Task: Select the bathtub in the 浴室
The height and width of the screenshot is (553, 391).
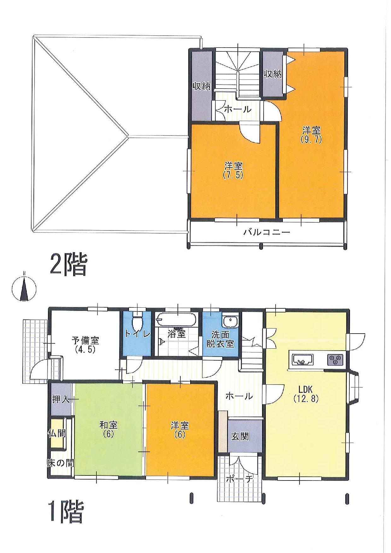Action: pos(177,319)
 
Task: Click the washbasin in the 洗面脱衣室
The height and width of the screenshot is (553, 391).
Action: pos(231,322)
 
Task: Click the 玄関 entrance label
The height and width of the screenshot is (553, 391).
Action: pos(240,437)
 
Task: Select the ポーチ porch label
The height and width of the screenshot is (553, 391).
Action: pos(240,479)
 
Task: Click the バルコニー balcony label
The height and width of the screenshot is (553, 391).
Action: pos(266,233)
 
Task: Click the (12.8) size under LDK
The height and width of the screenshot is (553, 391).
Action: pos(306,399)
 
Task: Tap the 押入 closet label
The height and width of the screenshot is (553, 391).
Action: pos(61,399)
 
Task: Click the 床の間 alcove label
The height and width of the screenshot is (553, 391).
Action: pos(61,463)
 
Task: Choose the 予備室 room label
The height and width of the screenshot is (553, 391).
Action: pos(85,341)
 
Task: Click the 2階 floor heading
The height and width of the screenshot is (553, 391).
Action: pos(68,265)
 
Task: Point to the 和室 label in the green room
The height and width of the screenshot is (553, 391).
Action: pos(108,425)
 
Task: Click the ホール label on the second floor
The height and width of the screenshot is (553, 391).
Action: pos(238,109)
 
